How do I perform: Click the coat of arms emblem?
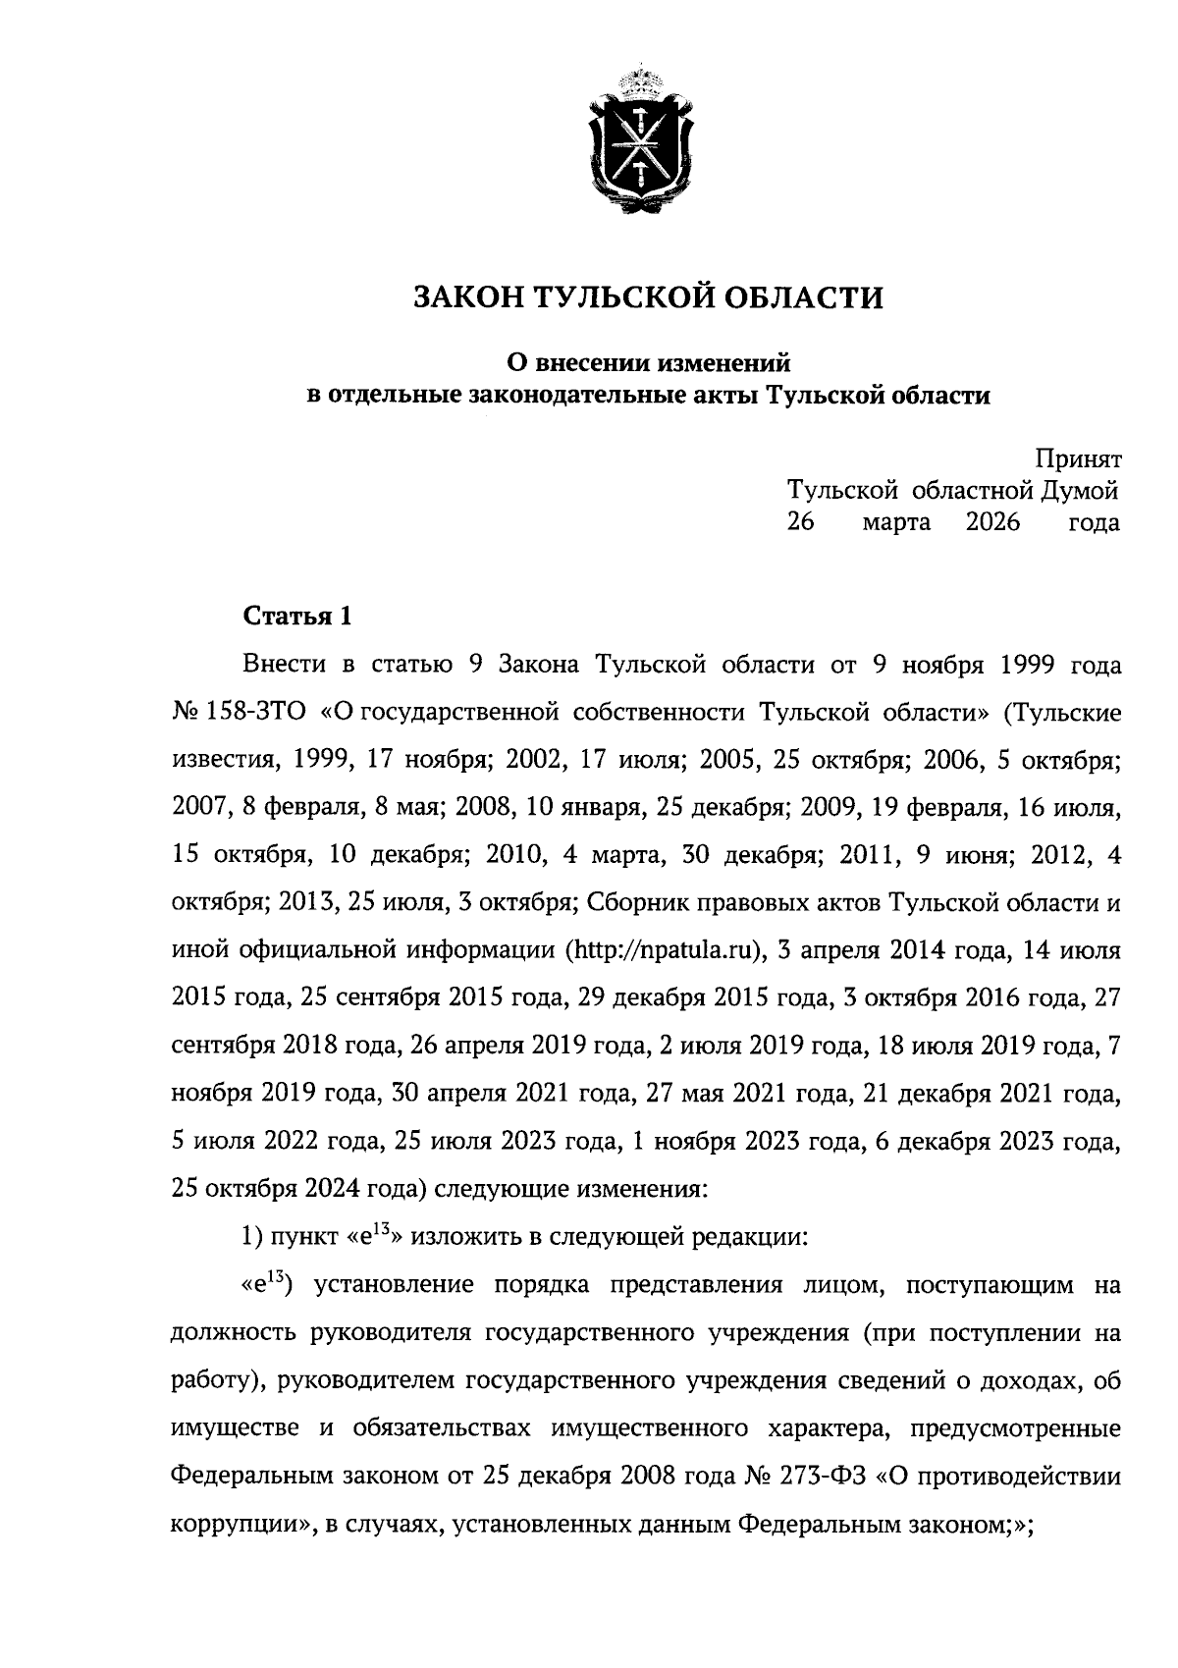click(x=638, y=140)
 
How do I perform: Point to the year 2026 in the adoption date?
click(x=993, y=522)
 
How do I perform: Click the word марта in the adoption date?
click(x=897, y=522)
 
